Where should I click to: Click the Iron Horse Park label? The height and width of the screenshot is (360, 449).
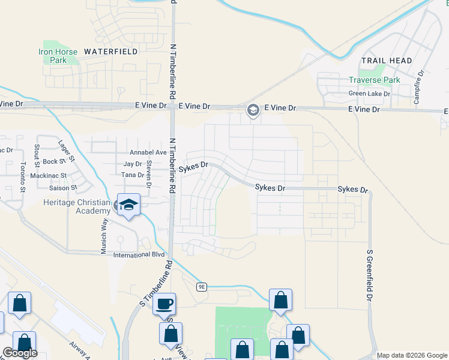58,56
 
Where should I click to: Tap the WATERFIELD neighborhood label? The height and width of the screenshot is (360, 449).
111,52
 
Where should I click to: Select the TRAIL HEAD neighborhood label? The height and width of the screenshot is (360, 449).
387,61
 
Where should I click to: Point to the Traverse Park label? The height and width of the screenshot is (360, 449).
375,80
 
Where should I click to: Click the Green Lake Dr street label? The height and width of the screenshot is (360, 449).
369,94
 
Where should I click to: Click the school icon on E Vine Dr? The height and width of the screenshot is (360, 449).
253,110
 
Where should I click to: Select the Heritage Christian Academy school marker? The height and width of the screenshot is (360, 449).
128,204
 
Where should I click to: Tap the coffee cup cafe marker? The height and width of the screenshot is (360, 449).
164,304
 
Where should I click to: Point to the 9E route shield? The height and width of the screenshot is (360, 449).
202,287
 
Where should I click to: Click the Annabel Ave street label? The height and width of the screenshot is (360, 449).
143,152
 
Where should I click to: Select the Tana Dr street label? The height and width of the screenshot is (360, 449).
132,175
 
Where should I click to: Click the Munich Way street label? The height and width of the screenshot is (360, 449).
104,230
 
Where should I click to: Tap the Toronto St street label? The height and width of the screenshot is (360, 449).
23,176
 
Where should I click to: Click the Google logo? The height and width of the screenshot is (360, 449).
20,353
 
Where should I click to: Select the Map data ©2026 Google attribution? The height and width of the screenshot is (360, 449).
412,355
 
